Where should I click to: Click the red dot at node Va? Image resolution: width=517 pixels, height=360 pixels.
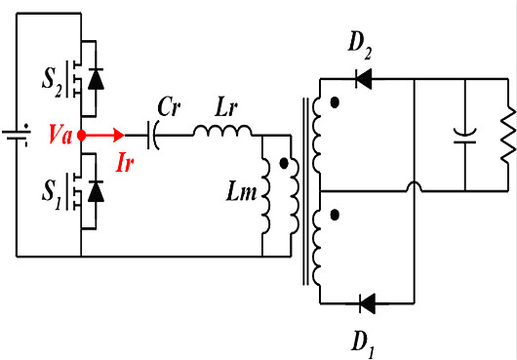tap(82, 137)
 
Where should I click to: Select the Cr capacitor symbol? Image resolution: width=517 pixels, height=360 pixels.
tap(153, 136)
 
